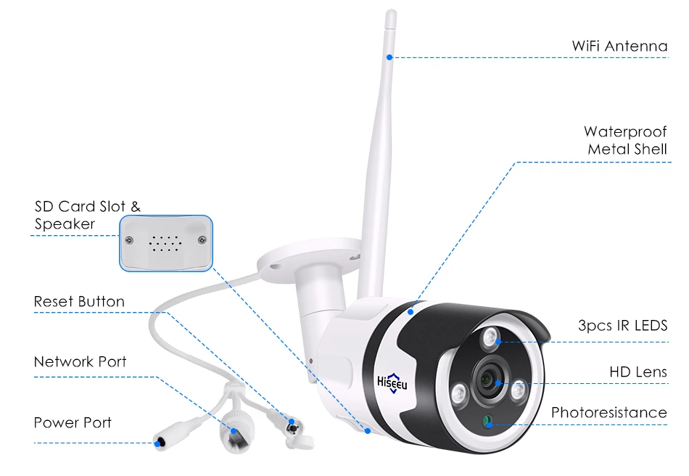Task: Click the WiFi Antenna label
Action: point(619,46)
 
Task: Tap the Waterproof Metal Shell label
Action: point(626,141)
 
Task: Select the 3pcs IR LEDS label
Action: point(622,326)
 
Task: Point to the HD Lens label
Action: point(638,372)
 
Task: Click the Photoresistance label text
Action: point(608,413)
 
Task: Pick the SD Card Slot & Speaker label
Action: point(87,216)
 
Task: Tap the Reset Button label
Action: point(79,301)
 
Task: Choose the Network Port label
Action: point(80,361)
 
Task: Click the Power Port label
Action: point(73,422)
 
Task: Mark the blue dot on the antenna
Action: point(389,57)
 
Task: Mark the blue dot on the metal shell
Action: point(410,311)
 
